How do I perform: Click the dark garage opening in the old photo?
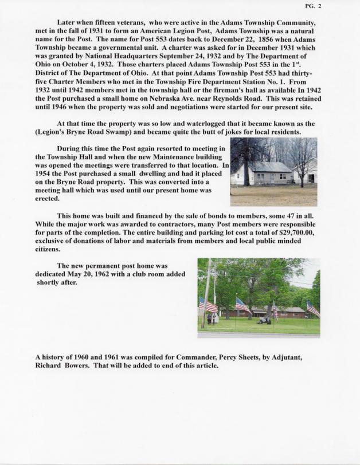(x=310, y=178)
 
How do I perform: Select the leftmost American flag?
(x=209, y=305)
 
